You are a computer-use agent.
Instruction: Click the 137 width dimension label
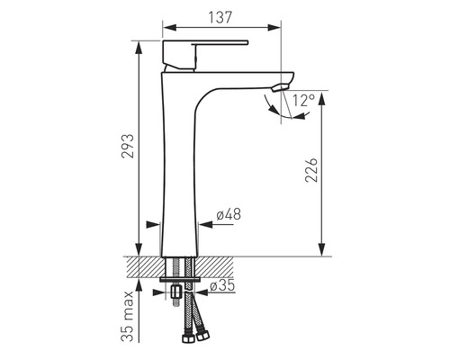coord(220,17)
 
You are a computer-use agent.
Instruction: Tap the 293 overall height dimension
coord(128,146)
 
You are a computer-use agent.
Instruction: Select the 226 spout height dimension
coord(311,169)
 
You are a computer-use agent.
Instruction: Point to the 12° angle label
coord(303,101)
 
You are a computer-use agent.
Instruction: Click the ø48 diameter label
coord(229,214)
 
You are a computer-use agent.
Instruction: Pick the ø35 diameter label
coord(222,285)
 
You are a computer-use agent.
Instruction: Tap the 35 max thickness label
coord(127,316)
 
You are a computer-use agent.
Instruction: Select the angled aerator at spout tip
coord(280,88)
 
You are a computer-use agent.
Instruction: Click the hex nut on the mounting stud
coord(175,292)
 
